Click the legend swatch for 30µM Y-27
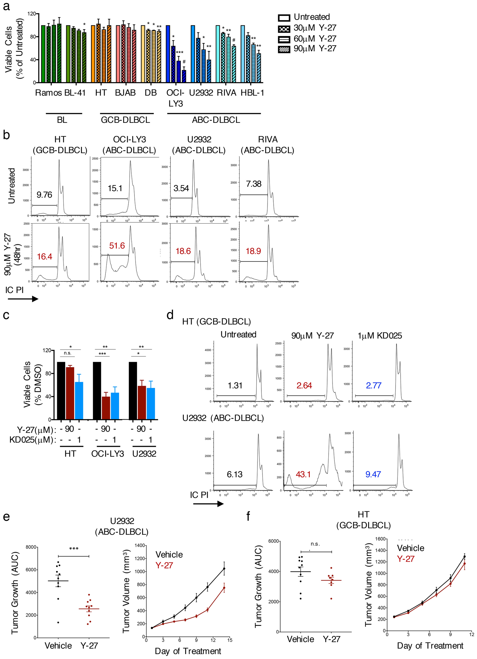pyautogui.click(x=284, y=28)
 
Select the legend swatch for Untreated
pyautogui.click(x=284, y=18)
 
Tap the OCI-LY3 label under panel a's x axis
pyautogui.click(x=175, y=98)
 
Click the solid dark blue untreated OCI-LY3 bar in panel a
pyautogui.click(x=168, y=54)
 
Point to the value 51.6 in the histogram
pyautogui.click(x=117, y=246)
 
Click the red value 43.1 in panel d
pyautogui.click(x=303, y=475)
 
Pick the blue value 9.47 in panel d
pyautogui.click(x=373, y=475)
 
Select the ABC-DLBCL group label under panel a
pyautogui.click(x=216, y=120)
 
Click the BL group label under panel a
pyautogui.click(x=62, y=120)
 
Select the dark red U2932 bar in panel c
pyautogui.click(x=142, y=402)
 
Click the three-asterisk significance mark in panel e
pyautogui.click(x=74, y=549)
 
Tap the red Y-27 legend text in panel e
pyautogui.click(x=164, y=565)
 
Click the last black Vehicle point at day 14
pyautogui.click(x=224, y=569)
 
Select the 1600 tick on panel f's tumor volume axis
pyautogui.click(x=380, y=539)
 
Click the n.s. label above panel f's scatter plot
pyautogui.click(x=315, y=544)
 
